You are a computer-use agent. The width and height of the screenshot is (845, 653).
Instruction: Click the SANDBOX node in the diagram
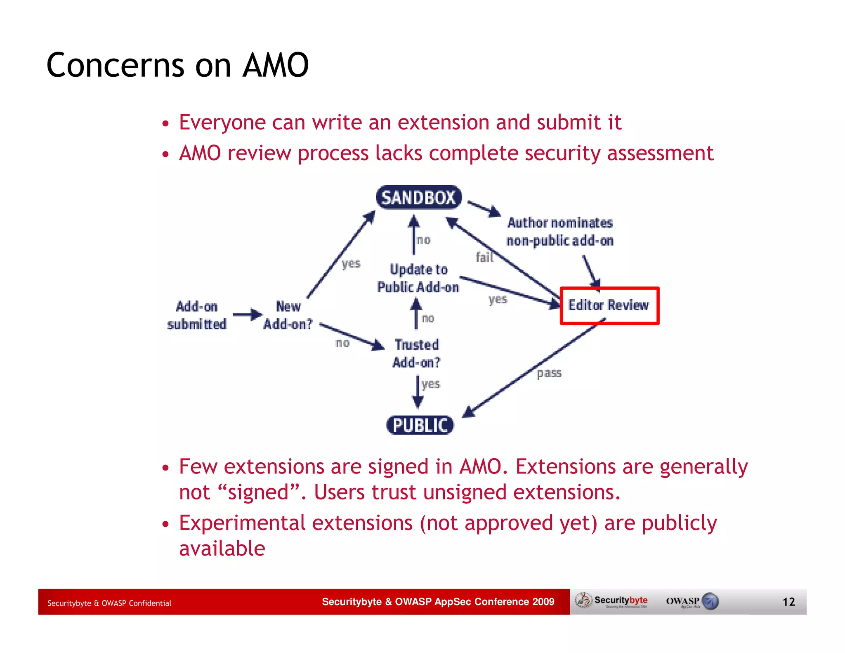click(418, 198)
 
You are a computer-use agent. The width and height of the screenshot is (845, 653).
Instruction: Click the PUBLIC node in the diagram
click(420, 425)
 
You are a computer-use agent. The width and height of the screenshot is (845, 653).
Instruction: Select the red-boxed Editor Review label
click(609, 305)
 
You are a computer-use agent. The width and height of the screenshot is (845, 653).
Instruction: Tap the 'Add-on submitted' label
click(197, 315)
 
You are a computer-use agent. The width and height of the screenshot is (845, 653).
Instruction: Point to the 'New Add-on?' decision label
click(288, 315)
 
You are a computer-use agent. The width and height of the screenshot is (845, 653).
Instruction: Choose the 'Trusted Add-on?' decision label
click(416, 353)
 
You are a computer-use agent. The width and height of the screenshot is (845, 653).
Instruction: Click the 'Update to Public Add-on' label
click(418, 278)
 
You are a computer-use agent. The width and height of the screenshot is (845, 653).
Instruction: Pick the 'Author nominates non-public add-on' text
click(560, 232)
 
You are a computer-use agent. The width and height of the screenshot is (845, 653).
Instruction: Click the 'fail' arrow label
click(484, 258)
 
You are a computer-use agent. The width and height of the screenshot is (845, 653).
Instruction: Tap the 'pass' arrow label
click(549, 373)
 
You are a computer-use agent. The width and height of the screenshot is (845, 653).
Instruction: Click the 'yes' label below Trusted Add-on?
click(431, 384)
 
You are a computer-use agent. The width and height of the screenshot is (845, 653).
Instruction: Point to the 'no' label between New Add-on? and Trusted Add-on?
click(342, 343)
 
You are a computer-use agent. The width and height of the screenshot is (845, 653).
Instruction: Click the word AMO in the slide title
click(276, 65)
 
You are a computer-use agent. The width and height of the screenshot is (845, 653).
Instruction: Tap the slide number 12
click(788, 602)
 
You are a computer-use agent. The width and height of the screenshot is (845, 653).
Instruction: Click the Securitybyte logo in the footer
click(612, 601)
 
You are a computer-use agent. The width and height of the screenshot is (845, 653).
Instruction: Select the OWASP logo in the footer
click(692, 601)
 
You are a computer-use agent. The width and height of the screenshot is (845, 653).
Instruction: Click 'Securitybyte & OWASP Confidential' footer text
click(109, 603)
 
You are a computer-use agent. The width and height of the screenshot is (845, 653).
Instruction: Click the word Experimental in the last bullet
click(242, 523)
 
